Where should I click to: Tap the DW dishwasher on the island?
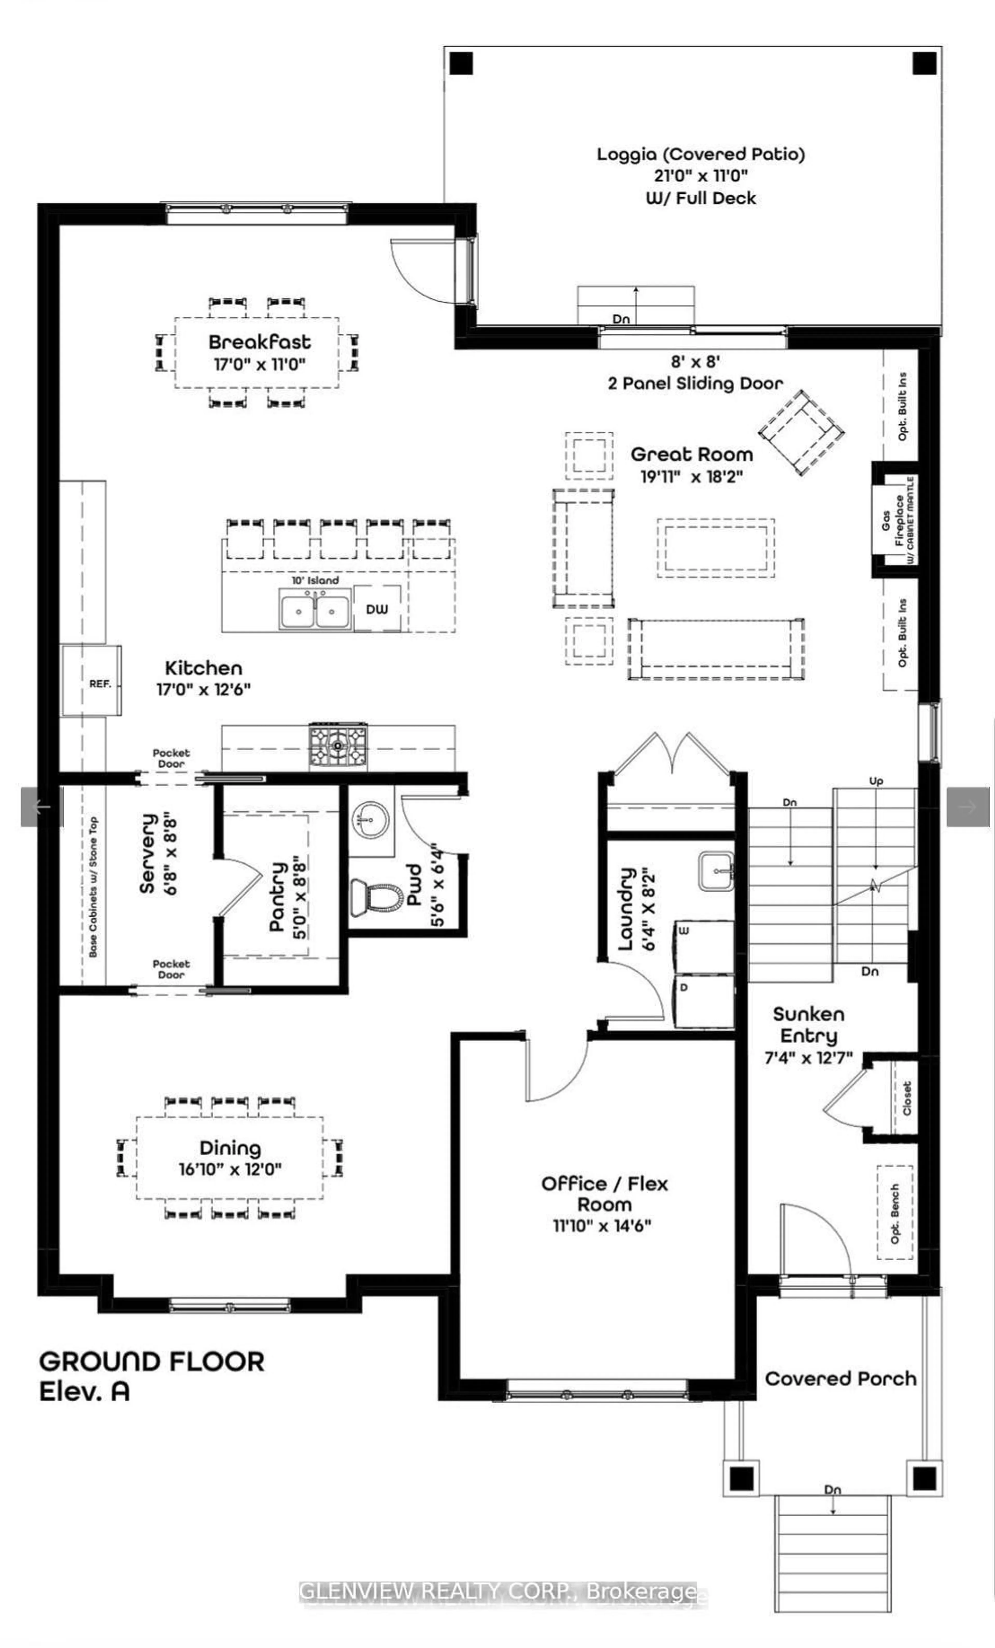coord(376,609)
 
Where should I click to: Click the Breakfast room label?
coord(259,342)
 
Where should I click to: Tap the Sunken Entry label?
coord(808,1025)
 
